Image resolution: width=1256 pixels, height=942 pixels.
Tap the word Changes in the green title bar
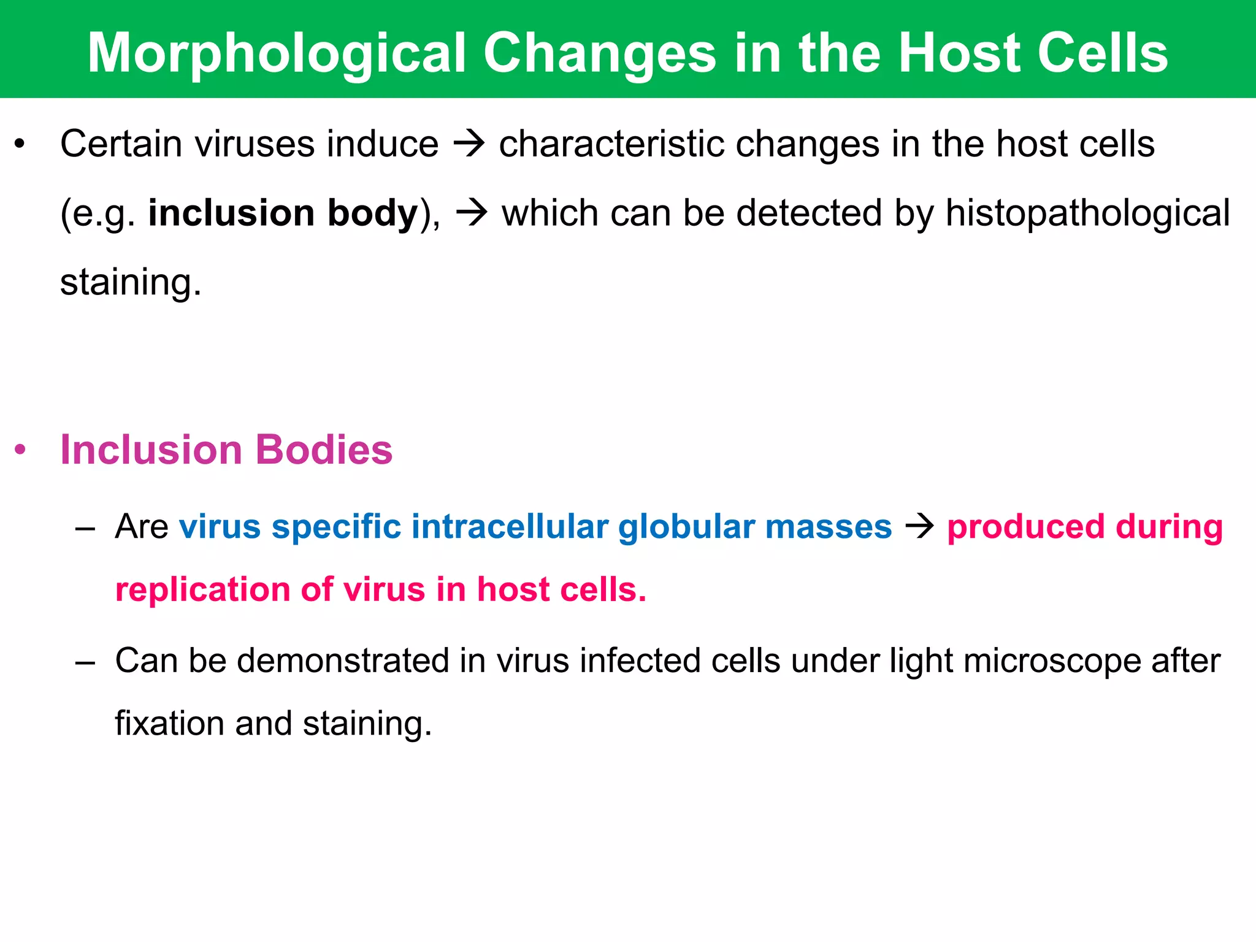tap(600, 54)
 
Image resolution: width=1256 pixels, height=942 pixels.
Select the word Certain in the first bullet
tap(121, 144)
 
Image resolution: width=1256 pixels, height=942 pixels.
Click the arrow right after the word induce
tap(469, 145)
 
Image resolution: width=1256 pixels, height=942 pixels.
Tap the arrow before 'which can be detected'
tap(472, 214)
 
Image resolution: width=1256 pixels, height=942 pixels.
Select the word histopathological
tap(1087, 213)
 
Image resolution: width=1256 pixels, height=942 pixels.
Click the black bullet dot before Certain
tap(20, 145)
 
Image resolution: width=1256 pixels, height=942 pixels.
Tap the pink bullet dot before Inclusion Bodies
tap(20, 450)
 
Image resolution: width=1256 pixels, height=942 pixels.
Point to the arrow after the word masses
tap(919, 527)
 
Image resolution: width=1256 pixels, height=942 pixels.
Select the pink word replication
tap(202, 590)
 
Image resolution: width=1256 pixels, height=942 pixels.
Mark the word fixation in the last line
tap(169, 724)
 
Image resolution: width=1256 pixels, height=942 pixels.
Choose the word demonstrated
tap(343, 661)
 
